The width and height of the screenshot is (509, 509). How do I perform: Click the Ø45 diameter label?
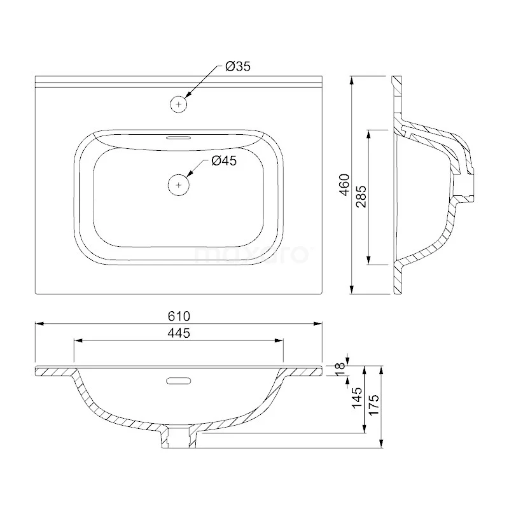tap(223, 161)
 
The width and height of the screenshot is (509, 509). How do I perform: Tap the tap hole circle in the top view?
tap(180, 103)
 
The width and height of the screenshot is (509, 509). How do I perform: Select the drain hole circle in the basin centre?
tap(179, 185)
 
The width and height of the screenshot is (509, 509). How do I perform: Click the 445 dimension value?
tap(179, 333)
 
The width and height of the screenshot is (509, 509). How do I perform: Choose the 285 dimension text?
tap(361, 197)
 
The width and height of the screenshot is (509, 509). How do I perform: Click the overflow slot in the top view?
tap(179, 137)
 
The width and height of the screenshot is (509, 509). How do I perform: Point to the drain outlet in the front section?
tap(184, 438)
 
